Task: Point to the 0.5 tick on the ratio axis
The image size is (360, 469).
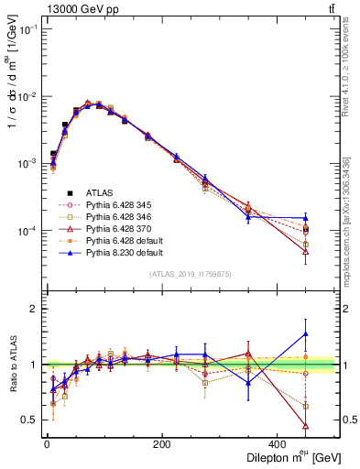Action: pos(30,420)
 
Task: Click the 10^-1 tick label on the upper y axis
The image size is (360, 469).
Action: pos(27,30)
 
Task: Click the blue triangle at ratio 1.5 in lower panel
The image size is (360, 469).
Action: pos(306,334)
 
